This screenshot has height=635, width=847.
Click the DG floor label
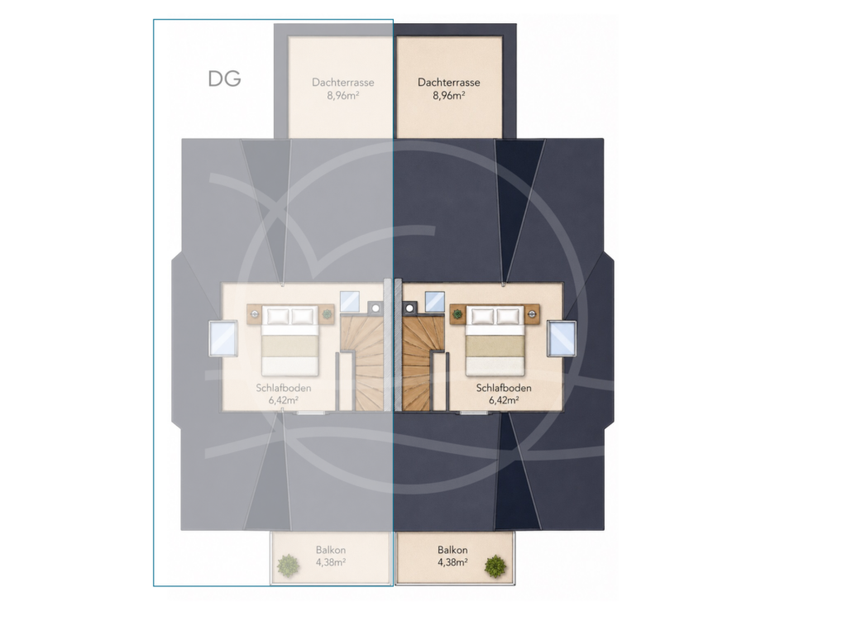(224, 79)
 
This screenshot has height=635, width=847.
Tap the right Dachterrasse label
(449, 83)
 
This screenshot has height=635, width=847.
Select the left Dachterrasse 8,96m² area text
(343, 96)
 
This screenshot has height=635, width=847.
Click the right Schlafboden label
(504, 388)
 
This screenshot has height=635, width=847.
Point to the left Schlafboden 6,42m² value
(284, 400)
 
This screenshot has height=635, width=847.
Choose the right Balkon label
(452, 550)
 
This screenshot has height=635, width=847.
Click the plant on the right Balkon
(495, 566)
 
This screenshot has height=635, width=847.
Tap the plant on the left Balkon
(288, 566)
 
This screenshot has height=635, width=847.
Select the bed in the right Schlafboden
(495, 340)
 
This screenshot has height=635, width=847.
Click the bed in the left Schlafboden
(290, 340)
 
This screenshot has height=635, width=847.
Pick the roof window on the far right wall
(562, 338)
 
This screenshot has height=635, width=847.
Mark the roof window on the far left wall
(223, 338)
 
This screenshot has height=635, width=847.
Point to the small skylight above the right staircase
(435, 301)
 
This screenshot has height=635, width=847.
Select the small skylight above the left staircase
(350, 301)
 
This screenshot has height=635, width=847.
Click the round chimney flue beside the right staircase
(410, 308)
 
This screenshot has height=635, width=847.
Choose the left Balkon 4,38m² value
(331, 562)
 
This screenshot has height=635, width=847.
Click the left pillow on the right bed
(483, 317)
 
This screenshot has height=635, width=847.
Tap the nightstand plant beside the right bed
(458, 313)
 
